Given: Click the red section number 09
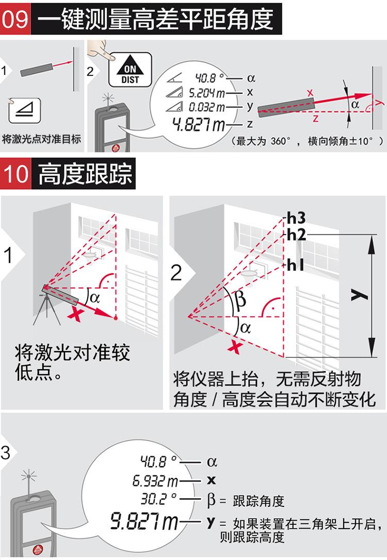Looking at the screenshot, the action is [x=15, y=19].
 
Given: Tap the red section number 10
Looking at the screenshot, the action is [x=15, y=174].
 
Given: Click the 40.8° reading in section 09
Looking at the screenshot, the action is [x=209, y=77].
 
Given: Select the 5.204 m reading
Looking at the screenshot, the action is [x=207, y=93].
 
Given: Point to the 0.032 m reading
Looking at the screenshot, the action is [x=207, y=107].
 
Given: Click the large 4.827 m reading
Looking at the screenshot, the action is [x=199, y=124].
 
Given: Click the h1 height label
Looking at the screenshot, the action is [x=295, y=265].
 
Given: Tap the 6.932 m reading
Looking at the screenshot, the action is [x=155, y=481].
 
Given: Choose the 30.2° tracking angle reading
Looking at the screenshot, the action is [x=158, y=499].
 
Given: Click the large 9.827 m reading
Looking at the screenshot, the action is [x=144, y=521].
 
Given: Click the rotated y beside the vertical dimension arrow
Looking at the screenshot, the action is [x=359, y=295].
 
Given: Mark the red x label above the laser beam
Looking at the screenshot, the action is [x=310, y=93].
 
